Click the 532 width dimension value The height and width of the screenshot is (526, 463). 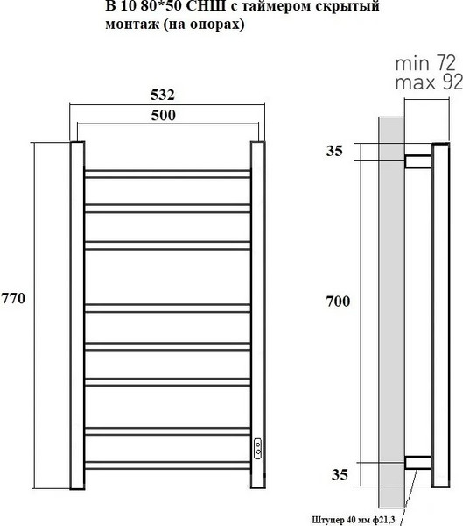163,95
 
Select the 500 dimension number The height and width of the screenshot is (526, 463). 163,115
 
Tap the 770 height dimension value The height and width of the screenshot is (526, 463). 13,298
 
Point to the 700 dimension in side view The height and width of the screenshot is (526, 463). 339,302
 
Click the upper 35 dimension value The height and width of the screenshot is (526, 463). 334,151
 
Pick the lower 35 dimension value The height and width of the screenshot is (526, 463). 340,474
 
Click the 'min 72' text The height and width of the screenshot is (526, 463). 425,63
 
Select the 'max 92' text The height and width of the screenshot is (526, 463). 429,82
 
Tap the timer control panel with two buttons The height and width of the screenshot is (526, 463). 258,449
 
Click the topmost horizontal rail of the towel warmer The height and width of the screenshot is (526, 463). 167,174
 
